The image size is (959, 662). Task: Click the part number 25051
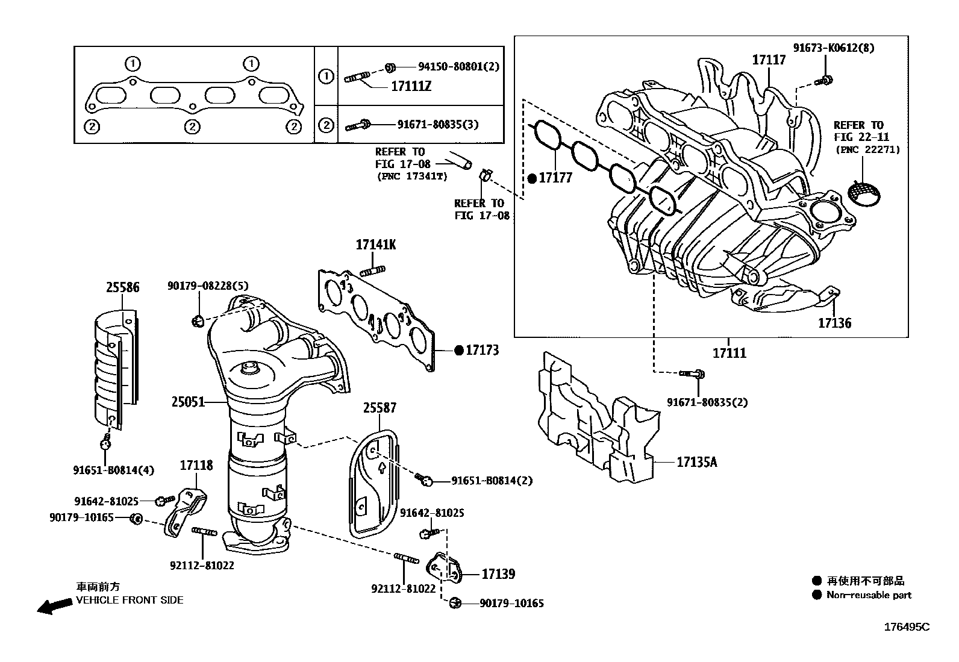(x=188, y=401)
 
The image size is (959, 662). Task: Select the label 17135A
(x=697, y=462)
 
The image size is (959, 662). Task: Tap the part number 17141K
(x=376, y=245)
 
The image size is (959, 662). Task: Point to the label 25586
(x=123, y=287)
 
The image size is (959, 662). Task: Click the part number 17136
(x=834, y=323)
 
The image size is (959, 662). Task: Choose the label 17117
(x=769, y=60)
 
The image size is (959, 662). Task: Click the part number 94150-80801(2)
(x=458, y=66)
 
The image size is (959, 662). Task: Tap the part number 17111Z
(x=411, y=87)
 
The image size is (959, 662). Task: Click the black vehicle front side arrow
(x=54, y=606)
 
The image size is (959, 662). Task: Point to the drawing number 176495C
(x=907, y=627)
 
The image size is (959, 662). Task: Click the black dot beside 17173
(x=458, y=350)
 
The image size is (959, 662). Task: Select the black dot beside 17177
(x=531, y=178)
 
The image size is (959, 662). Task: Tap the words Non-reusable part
(x=869, y=595)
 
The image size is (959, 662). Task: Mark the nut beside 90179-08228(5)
(x=196, y=320)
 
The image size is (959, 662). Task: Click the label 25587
(x=380, y=408)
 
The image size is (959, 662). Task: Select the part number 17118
(x=196, y=465)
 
